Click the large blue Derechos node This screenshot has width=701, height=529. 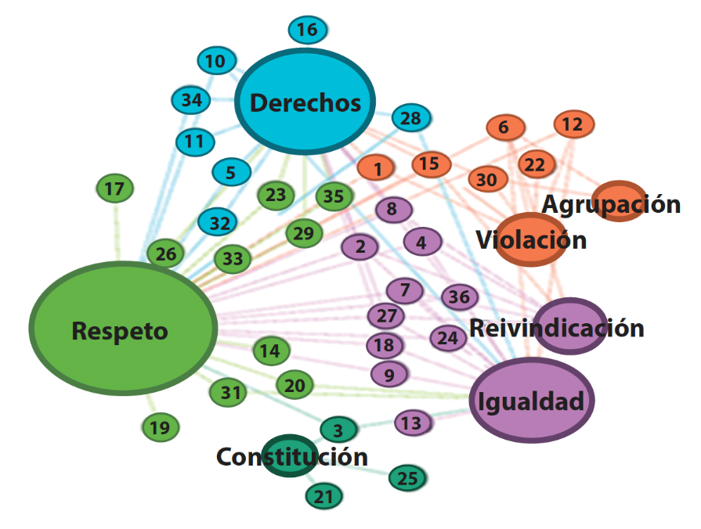click(x=305, y=103)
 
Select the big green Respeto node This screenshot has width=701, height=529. click(x=122, y=329)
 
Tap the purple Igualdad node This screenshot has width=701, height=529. click(x=532, y=401)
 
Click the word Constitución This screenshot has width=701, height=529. click(x=291, y=456)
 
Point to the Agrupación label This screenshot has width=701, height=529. click(x=612, y=204)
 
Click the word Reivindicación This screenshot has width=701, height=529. click(x=556, y=327)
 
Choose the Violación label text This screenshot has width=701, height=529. click(x=531, y=239)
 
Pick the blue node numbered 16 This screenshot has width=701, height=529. click(x=307, y=31)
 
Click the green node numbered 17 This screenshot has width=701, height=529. click(x=115, y=189)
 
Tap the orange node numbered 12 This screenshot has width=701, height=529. click(x=573, y=124)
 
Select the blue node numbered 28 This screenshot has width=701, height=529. click(x=410, y=118)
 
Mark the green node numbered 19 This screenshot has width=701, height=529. click(x=160, y=427)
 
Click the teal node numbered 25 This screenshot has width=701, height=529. click(x=407, y=478)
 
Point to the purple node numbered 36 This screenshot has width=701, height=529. click(x=459, y=297)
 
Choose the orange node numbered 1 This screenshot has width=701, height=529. click(x=378, y=167)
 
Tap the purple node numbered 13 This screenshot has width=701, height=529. click(x=412, y=423)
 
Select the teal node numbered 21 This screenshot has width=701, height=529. click(x=324, y=495)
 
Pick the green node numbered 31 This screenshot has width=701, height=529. click(x=229, y=392)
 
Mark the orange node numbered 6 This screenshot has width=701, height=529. click(x=504, y=127)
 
